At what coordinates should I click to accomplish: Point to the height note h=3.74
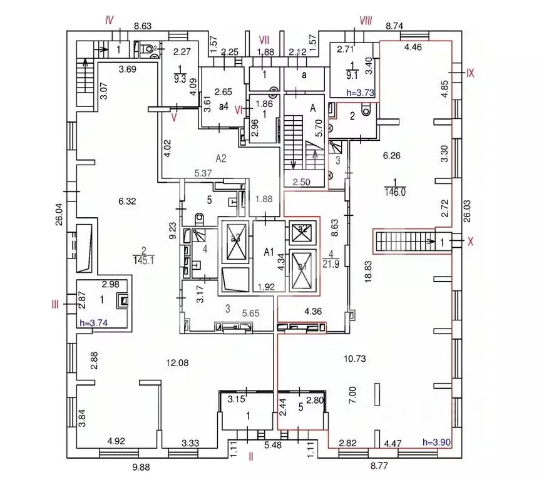coord(94,323)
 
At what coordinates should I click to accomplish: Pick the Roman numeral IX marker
coord(471,73)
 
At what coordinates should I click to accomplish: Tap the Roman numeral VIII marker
coord(366,21)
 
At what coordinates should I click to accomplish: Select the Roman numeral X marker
coord(471,241)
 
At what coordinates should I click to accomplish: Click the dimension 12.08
coord(178,362)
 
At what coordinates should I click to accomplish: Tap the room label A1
coord(269,252)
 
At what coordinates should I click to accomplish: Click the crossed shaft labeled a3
coord(235,238)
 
